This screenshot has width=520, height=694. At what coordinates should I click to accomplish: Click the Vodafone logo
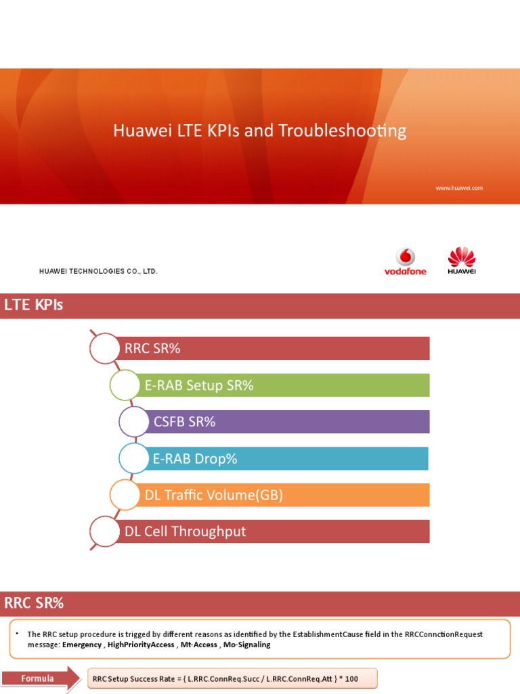point(406,262)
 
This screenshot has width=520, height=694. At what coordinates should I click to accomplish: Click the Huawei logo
point(462,262)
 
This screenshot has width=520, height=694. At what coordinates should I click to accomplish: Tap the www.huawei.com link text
point(459,188)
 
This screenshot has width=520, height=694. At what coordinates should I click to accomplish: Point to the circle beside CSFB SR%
point(135,422)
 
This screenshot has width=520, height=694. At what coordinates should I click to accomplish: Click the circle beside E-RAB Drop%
point(134,459)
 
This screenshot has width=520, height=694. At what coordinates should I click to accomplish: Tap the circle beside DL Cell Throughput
point(104,531)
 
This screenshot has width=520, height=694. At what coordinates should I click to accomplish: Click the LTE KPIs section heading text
point(34,306)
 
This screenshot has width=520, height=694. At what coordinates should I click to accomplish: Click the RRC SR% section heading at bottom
point(34,603)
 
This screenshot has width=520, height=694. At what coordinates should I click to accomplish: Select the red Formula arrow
point(40,678)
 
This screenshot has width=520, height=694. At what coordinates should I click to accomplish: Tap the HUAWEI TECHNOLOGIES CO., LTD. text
point(98,271)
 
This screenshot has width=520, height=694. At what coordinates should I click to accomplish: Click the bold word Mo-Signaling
point(247,645)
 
